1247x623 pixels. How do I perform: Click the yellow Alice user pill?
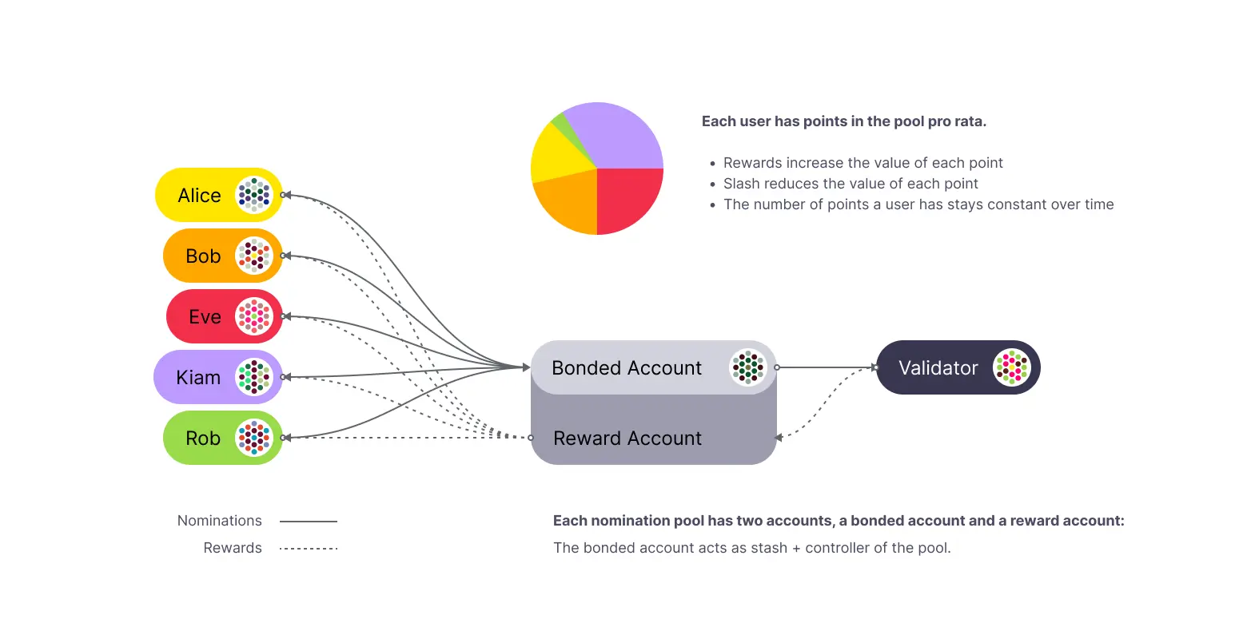pos(200,196)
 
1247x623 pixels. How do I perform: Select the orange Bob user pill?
pos(203,256)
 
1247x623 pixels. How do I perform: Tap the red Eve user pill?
pos(205,317)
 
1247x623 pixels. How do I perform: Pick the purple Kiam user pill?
pos(197,377)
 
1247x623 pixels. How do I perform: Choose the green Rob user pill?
pos(203,438)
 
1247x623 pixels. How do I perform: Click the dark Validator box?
pos(938,368)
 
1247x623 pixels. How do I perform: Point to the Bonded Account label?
pos(627,368)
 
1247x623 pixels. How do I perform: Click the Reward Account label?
pos(627,438)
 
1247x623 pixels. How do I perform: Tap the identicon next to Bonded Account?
pos(748,367)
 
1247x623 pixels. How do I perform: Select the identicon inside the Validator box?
pos(1012,367)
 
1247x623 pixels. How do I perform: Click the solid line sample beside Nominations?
pos(309,522)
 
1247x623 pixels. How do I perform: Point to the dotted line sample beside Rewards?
pos(309,549)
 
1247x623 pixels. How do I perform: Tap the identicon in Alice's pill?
pos(254,195)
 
